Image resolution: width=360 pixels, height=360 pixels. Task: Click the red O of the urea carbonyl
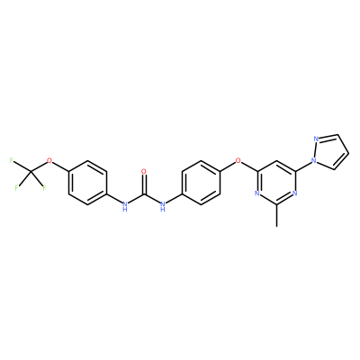(x=144, y=172)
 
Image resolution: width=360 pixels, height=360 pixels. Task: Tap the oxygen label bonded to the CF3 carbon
(x=49, y=161)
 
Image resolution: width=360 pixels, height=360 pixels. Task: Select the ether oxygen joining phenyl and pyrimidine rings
(x=238, y=161)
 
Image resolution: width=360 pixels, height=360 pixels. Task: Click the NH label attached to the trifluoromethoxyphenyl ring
(x=125, y=206)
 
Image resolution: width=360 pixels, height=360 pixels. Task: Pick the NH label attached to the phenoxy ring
(x=163, y=206)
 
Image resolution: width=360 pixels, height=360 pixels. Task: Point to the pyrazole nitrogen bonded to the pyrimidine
(x=314, y=161)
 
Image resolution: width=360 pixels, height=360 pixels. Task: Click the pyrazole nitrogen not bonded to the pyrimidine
(x=316, y=139)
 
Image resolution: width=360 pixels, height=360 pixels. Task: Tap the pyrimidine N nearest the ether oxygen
(x=257, y=193)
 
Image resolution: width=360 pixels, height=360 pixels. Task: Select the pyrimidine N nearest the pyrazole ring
(x=295, y=193)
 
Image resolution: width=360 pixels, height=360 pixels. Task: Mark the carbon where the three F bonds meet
(x=31, y=172)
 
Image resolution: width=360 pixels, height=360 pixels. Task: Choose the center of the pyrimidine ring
(x=276, y=183)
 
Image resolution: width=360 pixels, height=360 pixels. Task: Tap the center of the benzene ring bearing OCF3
(x=87, y=183)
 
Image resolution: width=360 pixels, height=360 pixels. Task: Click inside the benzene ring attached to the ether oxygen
(x=201, y=183)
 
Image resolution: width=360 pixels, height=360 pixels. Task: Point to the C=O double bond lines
(x=144, y=184)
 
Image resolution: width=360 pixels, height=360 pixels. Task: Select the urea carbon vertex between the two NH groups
(x=144, y=193)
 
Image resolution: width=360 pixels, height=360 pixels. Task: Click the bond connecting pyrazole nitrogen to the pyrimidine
(x=303, y=166)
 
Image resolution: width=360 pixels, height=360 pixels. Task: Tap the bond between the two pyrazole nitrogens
(x=315, y=150)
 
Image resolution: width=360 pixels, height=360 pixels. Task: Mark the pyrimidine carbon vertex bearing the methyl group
(x=276, y=204)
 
